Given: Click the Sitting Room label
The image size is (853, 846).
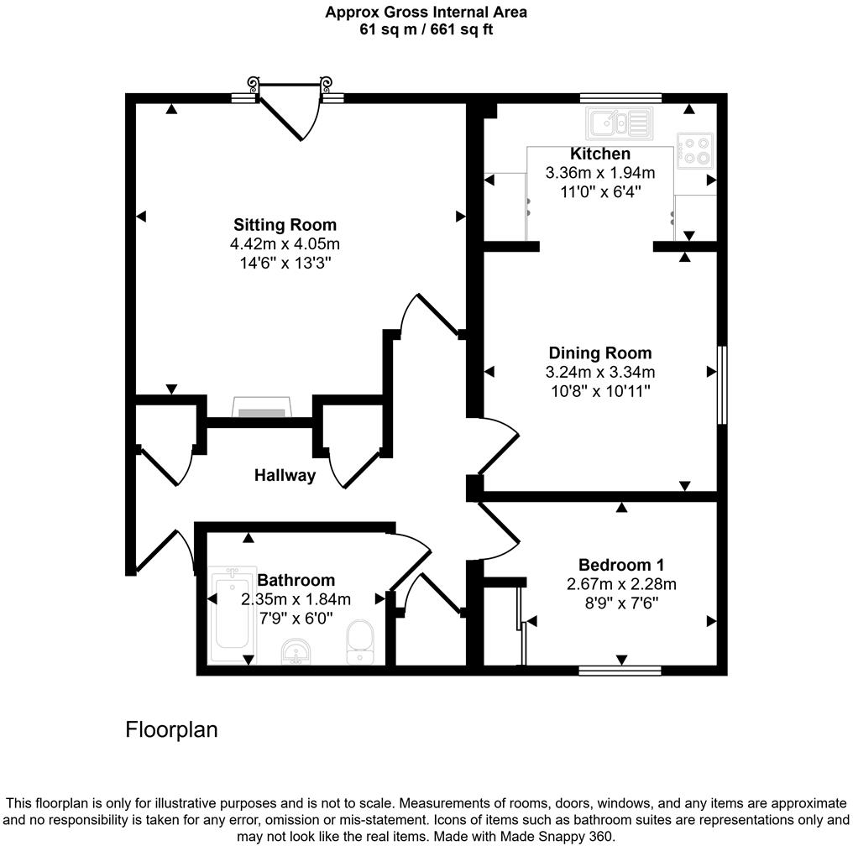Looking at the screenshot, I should click(x=285, y=225).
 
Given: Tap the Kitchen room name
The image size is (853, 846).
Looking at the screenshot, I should click(x=599, y=154).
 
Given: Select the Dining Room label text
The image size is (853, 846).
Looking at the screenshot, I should click(x=599, y=353).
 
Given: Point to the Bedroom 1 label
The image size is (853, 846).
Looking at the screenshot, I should click(x=621, y=565).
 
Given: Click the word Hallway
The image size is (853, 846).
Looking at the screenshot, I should click(x=285, y=476).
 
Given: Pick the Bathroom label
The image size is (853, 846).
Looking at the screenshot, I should click(x=296, y=581).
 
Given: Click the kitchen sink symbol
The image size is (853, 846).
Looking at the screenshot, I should click(x=620, y=123).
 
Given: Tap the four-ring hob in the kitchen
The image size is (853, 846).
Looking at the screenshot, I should click(x=695, y=150).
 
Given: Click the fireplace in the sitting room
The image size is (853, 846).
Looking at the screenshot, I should click(x=261, y=409).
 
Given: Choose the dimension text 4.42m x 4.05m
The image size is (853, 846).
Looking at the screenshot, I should click(x=285, y=244).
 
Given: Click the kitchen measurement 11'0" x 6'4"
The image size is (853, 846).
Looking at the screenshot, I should click(x=599, y=191).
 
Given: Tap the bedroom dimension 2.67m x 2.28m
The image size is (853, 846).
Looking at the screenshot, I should click(x=621, y=584).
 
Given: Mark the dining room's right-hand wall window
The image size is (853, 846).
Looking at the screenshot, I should click(x=721, y=384).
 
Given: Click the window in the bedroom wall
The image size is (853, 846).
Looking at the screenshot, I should click(x=620, y=670).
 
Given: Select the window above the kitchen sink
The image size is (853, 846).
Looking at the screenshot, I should click(x=620, y=97).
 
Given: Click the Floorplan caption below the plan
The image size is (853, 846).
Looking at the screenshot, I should click(x=171, y=730).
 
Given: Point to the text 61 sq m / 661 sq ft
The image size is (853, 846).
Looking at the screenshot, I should click(x=426, y=29).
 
